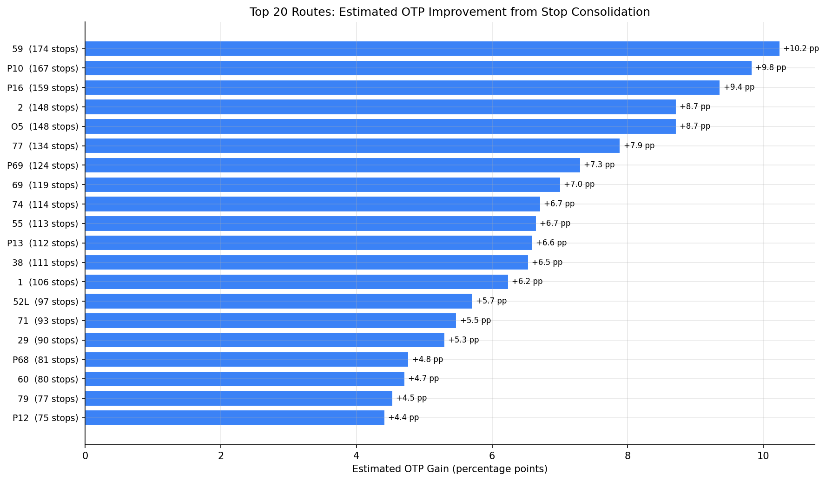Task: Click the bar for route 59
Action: coord(432,49)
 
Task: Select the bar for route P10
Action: coord(418,68)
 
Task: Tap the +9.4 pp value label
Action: coord(739,87)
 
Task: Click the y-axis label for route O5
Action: coord(45,126)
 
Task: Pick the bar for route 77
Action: coord(352,146)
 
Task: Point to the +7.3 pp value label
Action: coord(599,165)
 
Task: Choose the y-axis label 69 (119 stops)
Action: coord(45,185)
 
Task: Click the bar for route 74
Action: coord(312,204)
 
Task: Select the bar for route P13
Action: coord(308,243)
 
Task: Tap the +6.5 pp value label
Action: coord(547,263)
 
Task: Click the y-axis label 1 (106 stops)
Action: coord(48,282)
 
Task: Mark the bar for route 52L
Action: coord(278,301)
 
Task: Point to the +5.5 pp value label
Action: coord(475,321)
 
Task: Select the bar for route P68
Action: coord(246,360)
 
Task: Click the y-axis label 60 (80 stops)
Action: coord(48,379)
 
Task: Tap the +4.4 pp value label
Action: coord(403,418)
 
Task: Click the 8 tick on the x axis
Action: coord(628,456)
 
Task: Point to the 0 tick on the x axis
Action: coord(85,456)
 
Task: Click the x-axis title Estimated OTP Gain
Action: coord(449,469)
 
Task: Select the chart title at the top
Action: coord(449,12)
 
